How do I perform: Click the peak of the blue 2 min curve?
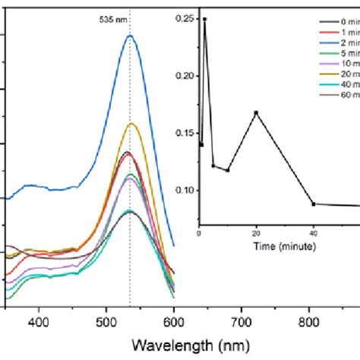pyautogui.click(x=130, y=36)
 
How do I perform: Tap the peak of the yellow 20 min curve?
pyautogui.click(x=132, y=123)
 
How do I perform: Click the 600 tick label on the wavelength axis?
pyautogui.click(x=174, y=323)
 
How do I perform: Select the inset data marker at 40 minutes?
pyautogui.click(x=314, y=204)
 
